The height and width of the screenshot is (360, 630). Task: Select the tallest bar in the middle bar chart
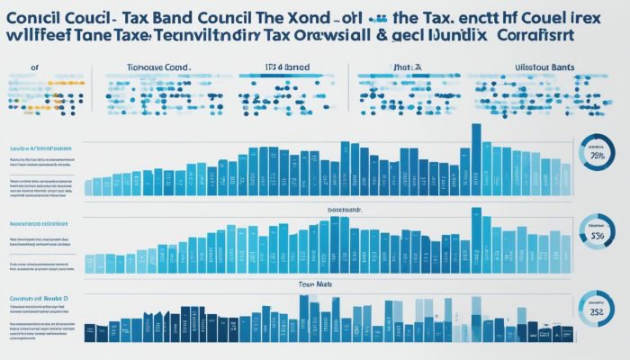click(x=476, y=239)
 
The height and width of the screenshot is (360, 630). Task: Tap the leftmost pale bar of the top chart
click(x=89, y=187)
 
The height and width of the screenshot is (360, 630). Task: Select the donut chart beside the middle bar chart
click(x=595, y=234)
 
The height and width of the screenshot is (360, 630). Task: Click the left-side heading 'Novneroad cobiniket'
click(x=38, y=221)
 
